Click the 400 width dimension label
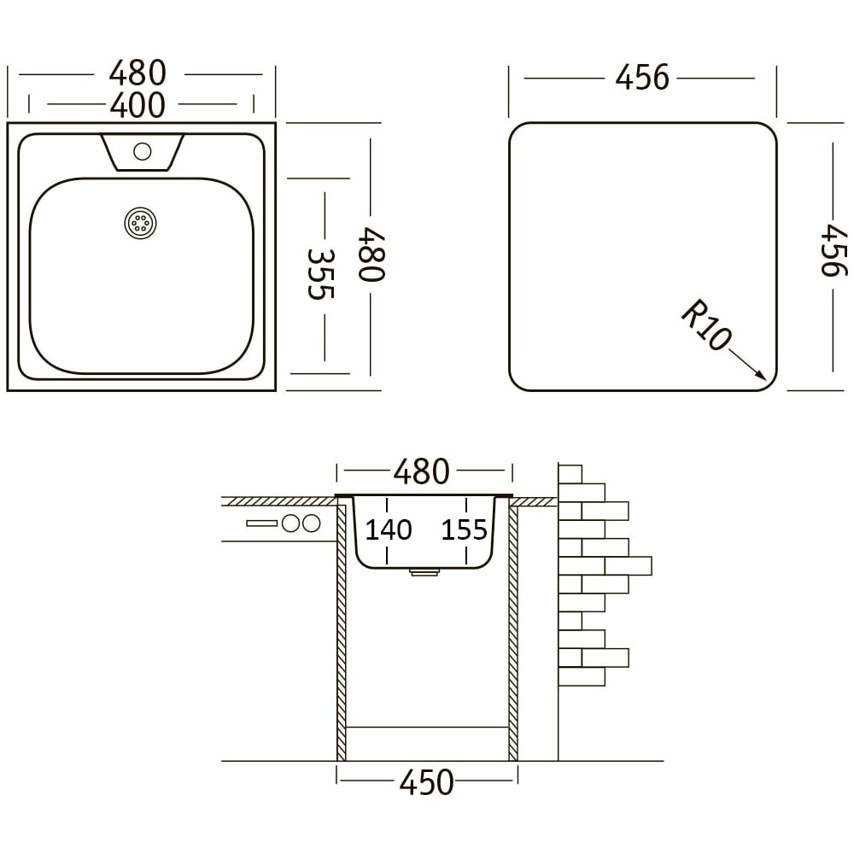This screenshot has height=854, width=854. (x=137, y=105)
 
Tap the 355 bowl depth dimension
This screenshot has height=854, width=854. (x=320, y=274)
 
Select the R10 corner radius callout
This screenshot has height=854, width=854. (x=706, y=324)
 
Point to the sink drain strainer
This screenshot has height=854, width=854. (x=141, y=223)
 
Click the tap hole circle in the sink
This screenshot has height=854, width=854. (x=142, y=151)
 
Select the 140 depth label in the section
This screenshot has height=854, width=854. (x=388, y=530)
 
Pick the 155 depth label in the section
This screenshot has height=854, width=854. (x=464, y=530)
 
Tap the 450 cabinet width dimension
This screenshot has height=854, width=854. (x=426, y=782)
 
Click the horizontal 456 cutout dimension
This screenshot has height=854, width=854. (x=642, y=78)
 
